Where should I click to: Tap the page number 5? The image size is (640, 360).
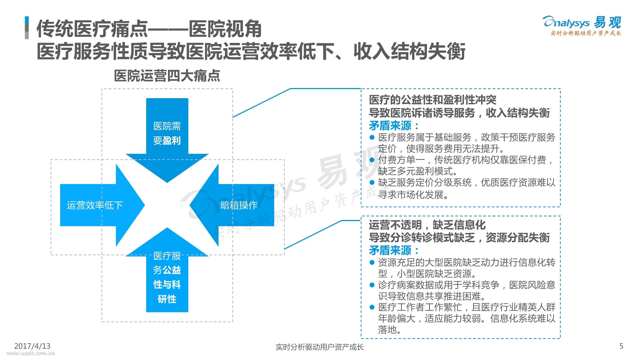pyautogui.click(x=621, y=346)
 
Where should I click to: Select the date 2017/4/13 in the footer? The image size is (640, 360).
pyautogui.click(x=32, y=346)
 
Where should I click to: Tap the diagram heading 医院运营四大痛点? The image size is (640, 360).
pyautogui.click(x=167, y=76)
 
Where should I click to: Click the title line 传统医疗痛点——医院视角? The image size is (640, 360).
pyautogui.click(x=149, y=29)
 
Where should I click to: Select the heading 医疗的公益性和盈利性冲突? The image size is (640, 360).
pyautogui.click(x=432, y=100)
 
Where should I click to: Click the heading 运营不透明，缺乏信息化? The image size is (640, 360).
pyautogui.click(x=427, y=225)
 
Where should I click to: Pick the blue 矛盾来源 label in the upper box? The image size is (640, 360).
pyautogui.click(x=394, y=126)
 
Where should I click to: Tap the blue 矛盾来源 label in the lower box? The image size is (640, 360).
pyautogui.click(x=394, y=251)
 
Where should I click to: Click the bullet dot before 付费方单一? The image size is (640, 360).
pyautogui.click(x=372, y=160)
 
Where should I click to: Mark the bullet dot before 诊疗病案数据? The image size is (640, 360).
pyautogui.click(x=372, y=285)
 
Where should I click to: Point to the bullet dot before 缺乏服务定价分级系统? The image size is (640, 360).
pyautogui.click(x=372, y=183)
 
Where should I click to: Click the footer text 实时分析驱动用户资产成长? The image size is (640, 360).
pyautogui.click(x=319, y=347)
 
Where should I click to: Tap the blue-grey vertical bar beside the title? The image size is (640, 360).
pyautogui.click(x=27, y=28)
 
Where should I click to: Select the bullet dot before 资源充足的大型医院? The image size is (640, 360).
pyautogui.click(x=372, y=263)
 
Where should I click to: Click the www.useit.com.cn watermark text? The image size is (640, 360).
pyautogui.click(x=31, y=353)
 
